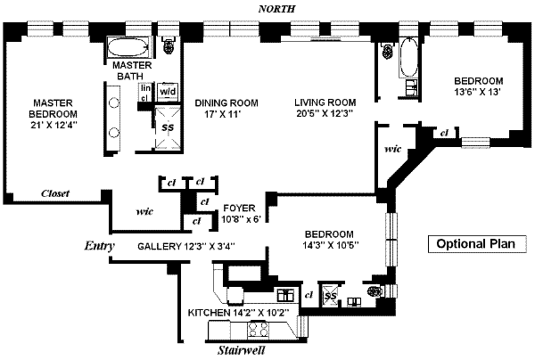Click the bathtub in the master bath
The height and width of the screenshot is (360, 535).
131,47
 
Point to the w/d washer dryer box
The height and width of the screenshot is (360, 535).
168,91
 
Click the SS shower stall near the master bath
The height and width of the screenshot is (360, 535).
167,126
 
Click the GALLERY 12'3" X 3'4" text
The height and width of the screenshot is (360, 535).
185,246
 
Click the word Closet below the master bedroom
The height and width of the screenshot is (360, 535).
55,193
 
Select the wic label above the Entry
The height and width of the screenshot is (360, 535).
146,213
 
